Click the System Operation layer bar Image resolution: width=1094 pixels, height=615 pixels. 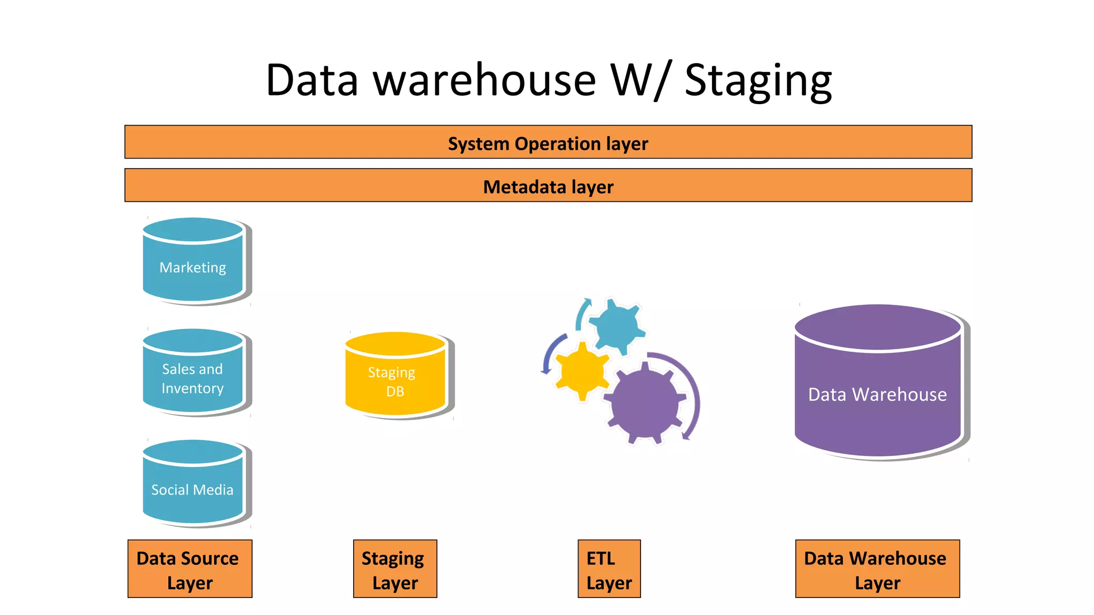coord(548,143)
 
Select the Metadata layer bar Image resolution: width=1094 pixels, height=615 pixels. coord(548,186)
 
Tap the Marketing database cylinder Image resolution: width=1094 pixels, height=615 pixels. coord(193,262)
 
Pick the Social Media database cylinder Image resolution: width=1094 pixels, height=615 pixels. coord(193,485)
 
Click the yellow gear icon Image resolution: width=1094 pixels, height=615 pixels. coord(582,371)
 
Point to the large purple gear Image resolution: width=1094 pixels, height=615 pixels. coord(645,403)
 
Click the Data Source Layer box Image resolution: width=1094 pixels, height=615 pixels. coord(190,569)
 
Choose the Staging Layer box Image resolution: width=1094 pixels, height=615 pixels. coord(395,569)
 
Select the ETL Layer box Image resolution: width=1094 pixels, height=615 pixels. coord(609,569)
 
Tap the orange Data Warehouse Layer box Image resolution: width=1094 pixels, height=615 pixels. coord(877,569)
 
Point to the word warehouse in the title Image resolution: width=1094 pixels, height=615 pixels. coord(484,81)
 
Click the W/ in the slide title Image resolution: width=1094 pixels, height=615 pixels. coord(639,81)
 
